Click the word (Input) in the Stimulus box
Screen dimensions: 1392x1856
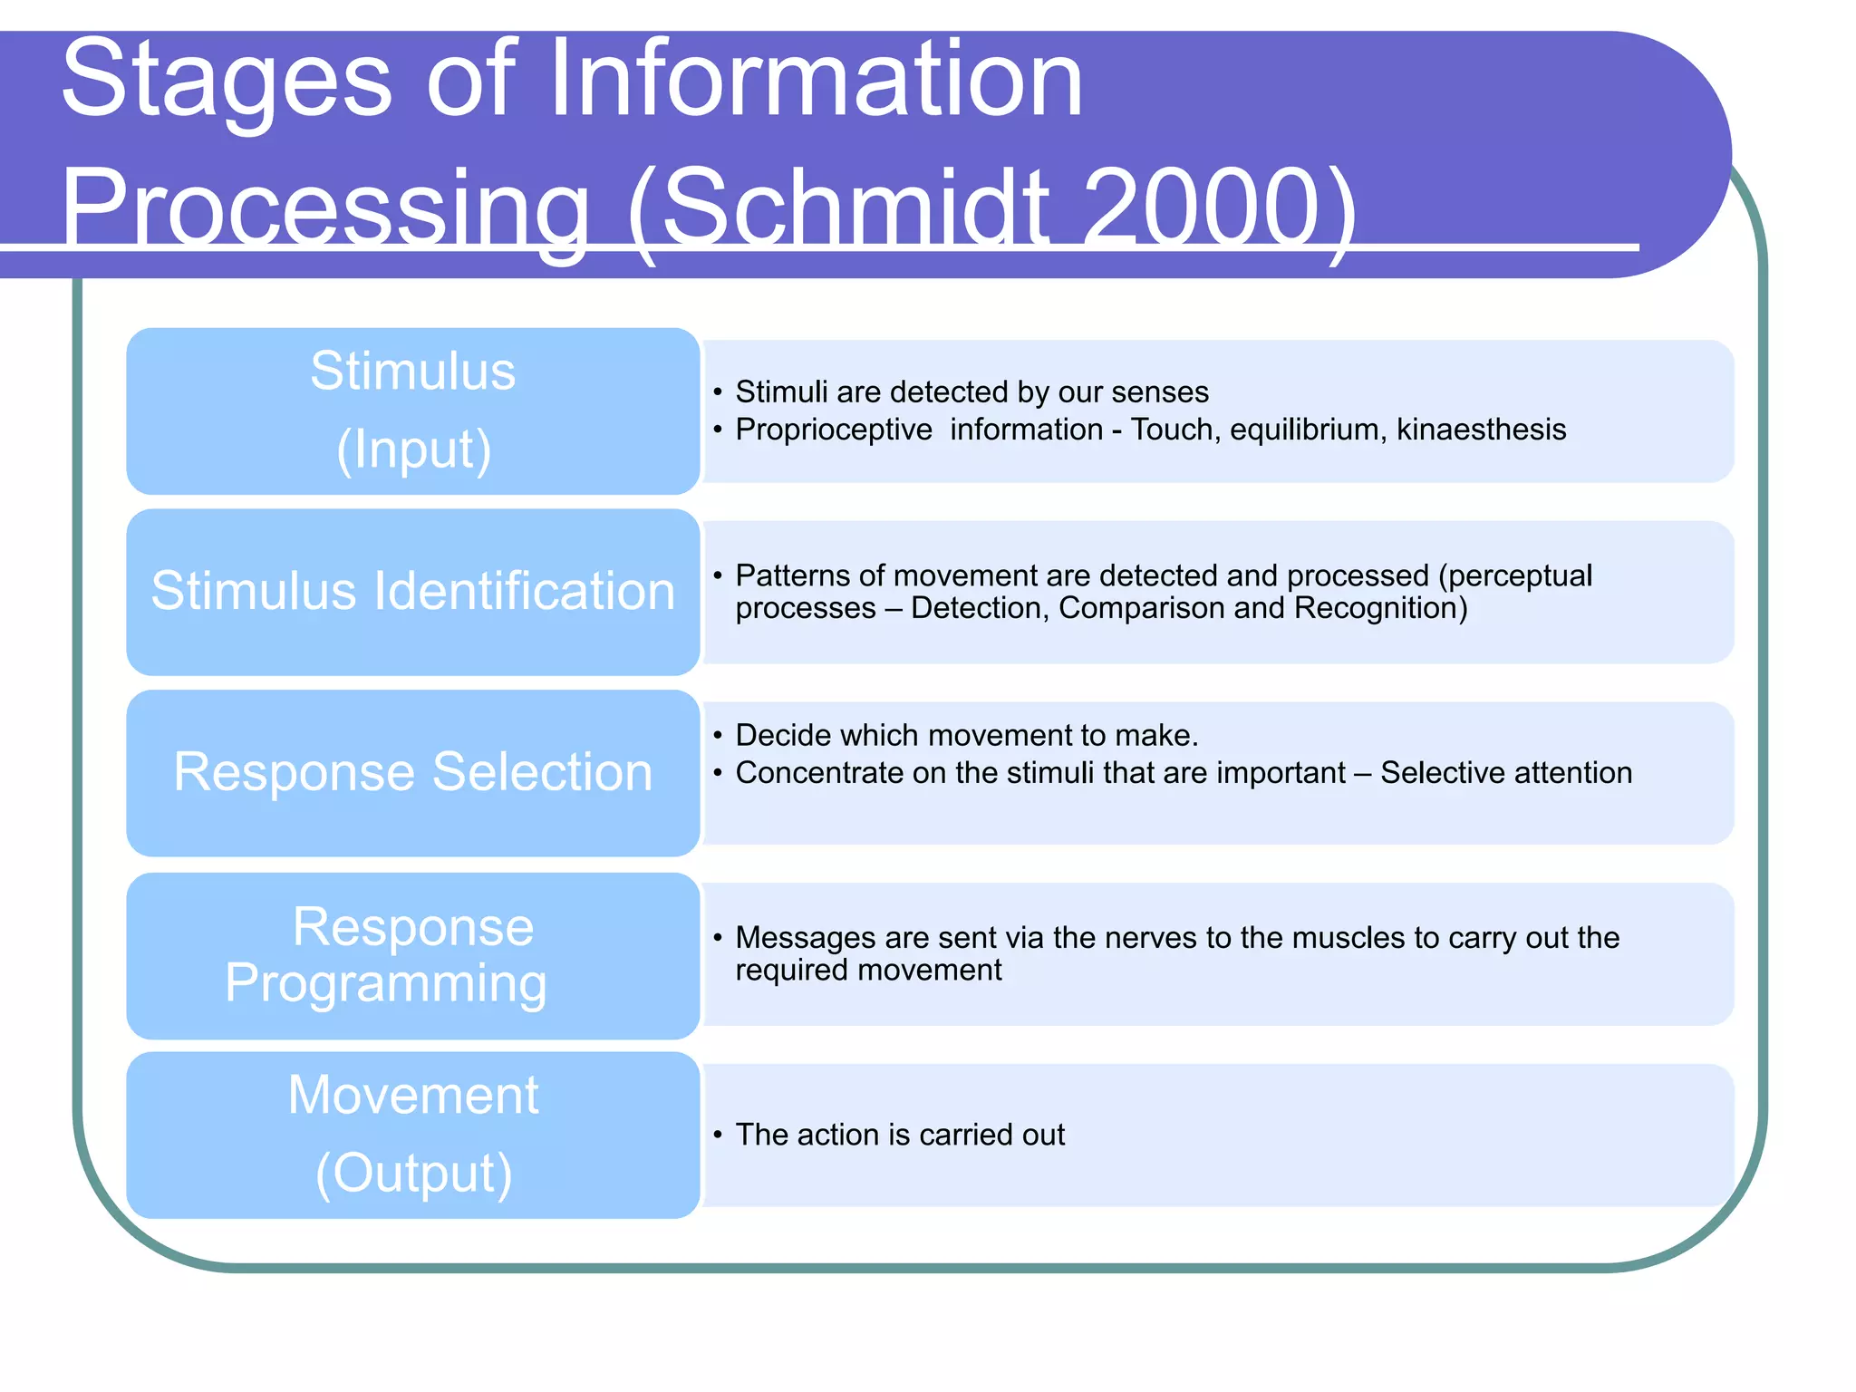pyautogui.click(x=414, y=450)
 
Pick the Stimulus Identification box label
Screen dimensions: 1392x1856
pyautogui.click(x=413, y=592)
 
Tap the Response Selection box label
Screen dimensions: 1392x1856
pyautogui.click(x=413, y=772)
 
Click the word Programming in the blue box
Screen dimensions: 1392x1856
pyautogui.click(x=386, y=984)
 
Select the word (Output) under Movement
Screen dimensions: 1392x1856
pyautogui.click(x=414, y=1174)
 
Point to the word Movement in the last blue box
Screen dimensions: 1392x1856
pyautogui.click(x=413, y=1095)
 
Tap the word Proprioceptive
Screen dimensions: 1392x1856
pyautogui.click(x=834, y=430)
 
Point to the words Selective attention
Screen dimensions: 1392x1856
pyautogui.click(x=1505, y=773)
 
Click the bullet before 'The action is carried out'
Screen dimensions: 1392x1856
pyautogui.click(x=717, y=1135)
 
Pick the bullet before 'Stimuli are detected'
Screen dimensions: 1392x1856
pyautogui.click(x=717, y=392)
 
